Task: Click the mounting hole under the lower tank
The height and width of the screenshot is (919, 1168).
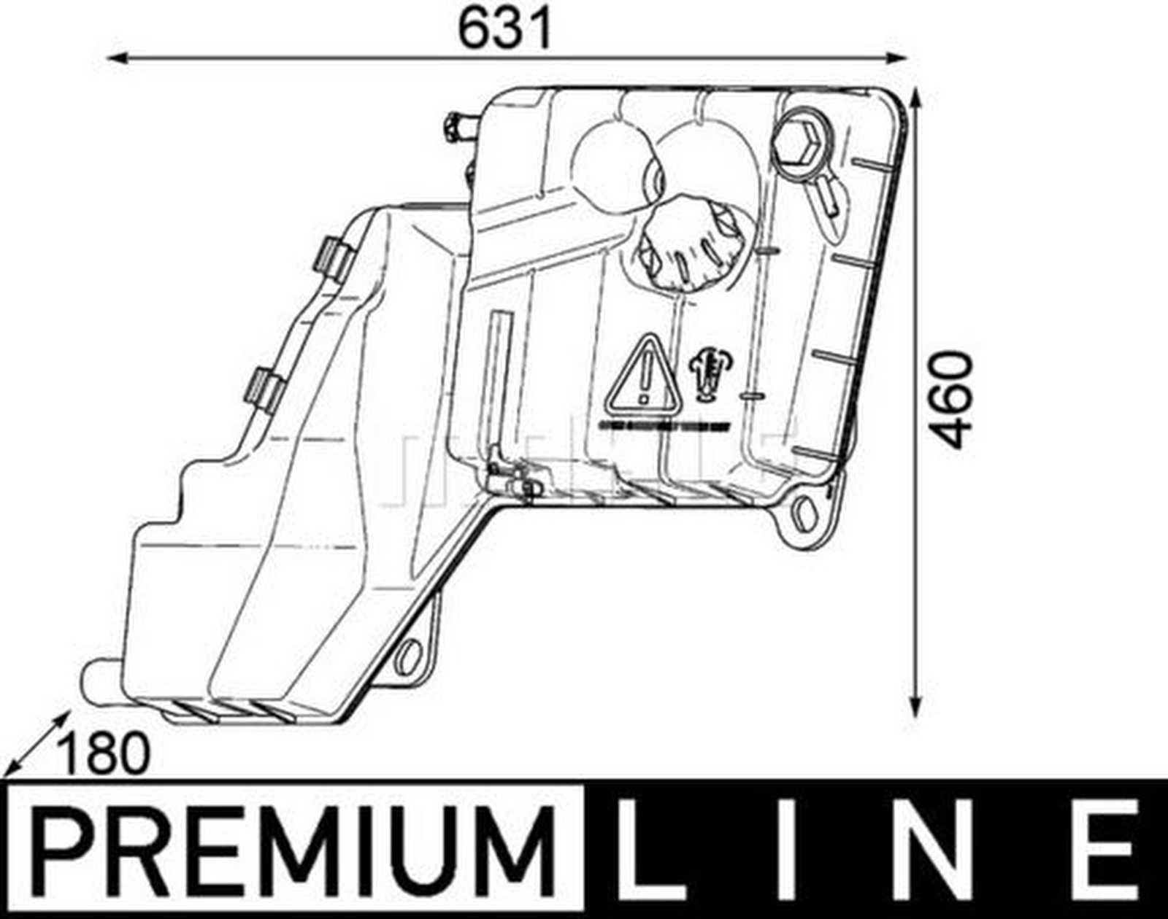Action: pyautogui.click(x=408, y=655)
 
